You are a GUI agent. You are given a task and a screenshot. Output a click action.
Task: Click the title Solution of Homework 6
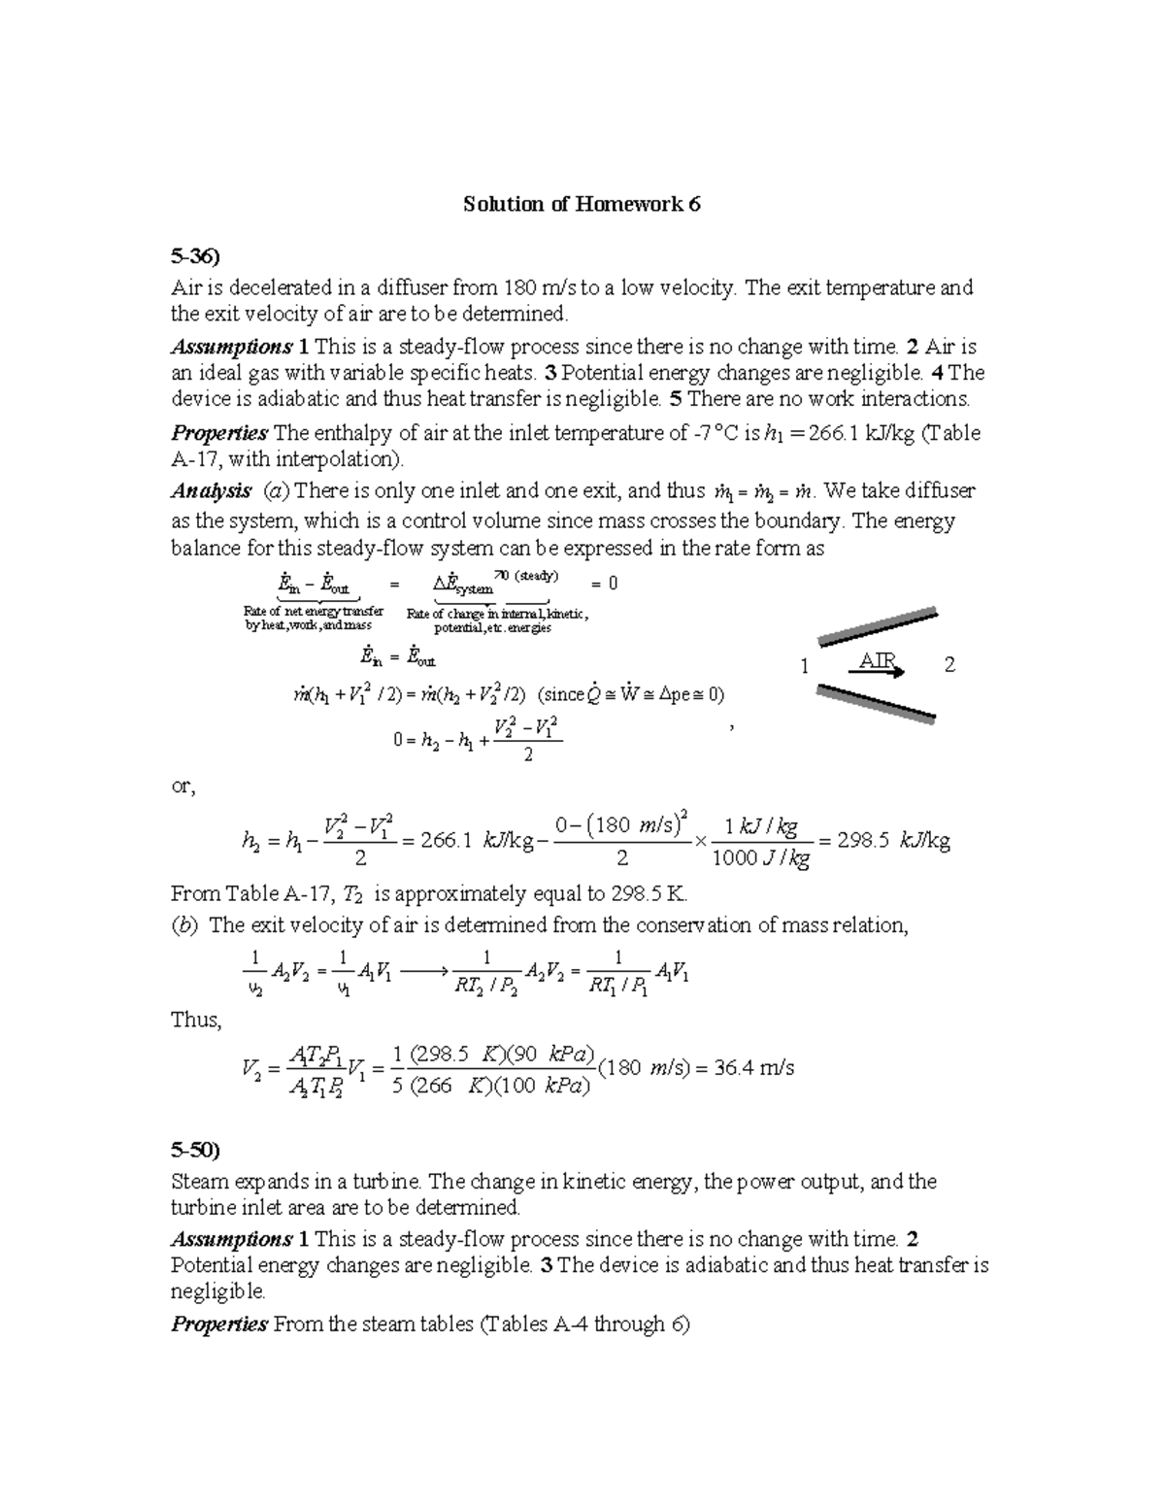pos(582,204)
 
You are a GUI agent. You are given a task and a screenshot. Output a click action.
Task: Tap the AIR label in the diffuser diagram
pos(878,663)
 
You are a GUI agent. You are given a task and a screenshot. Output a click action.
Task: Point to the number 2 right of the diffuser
pos(949,665)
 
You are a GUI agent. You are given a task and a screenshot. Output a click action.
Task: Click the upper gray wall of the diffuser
pos(879,626)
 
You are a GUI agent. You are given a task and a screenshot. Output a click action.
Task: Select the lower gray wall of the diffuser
pos(877,703)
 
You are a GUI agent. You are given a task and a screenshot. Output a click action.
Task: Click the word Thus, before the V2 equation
pos(196,1020)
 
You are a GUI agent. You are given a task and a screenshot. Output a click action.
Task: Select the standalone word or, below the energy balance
pos(183,787)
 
